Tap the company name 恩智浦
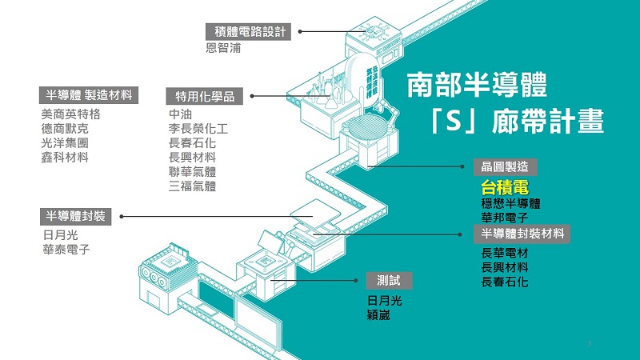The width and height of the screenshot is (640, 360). pyautogui.click(x=223, y=48)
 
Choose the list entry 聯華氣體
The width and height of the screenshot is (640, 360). pyautogui.click(x=193, y=172)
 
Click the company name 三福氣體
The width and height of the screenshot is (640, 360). pyautogui.click(x=193, y=186)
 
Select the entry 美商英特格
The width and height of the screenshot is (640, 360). pyautogui.click(x=71, y=114)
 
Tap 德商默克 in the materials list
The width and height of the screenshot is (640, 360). pyautogui.click(x=65, y=128)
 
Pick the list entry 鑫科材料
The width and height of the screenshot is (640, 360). pyautogui.click(x=65, y=157)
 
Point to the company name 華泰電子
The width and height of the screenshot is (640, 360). pyautogui.click(x=66, y=250)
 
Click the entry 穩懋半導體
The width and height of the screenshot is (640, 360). pyautogui.click(x=510, y=203)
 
